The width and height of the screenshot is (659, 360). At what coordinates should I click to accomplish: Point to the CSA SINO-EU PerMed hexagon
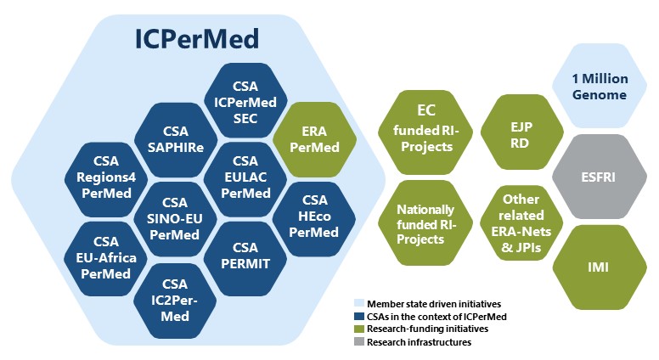pyautogui.click(x=174, y=216)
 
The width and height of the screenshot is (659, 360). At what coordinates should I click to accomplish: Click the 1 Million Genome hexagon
pyautogui.click(x=600, y=87)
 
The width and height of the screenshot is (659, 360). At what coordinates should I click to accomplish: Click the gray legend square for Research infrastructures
pyautogui.click(x=358, y=342)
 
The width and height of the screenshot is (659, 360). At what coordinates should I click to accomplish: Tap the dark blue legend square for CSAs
pyautogui.click(x=358, y=317)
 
